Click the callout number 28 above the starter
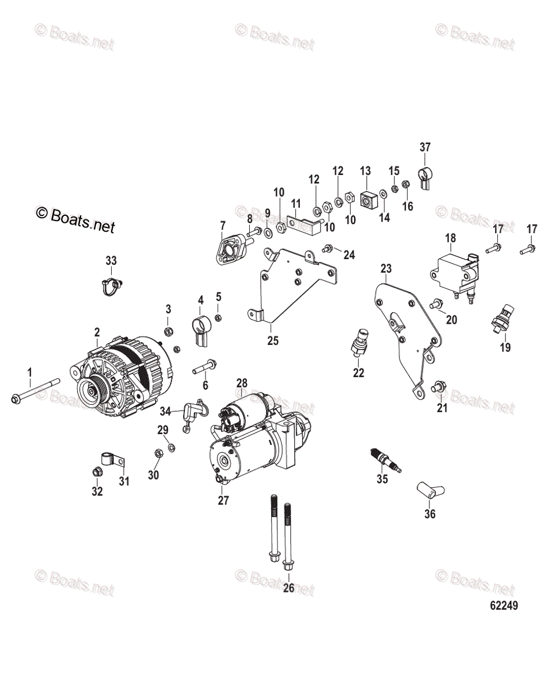click(242, 383)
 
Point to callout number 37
click(425, 147)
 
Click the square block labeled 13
click(366, 199)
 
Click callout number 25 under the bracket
click(273, 341)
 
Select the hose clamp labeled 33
click(111, 284)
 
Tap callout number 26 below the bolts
click(288, 589)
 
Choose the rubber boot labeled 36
click(430, 492)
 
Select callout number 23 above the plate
click(386, 268)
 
